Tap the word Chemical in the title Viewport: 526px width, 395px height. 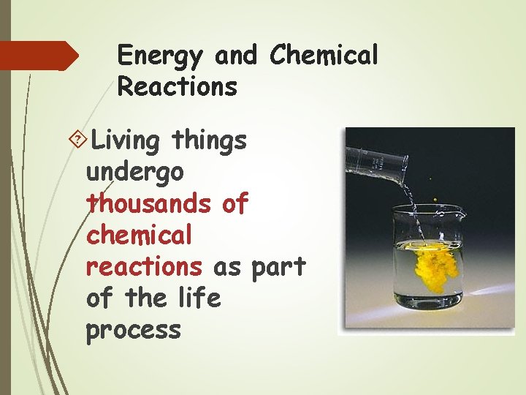(x=324, y=55)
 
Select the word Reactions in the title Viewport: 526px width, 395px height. (x=177, y=87)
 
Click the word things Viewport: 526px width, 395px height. (x=210, y=140)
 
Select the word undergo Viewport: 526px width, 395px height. (x=134, y=173)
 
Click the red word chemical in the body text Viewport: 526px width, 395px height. (x=139, y=235)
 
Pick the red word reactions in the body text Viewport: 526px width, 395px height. (x=143, y=266)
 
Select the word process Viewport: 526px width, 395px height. (x=133, y=330)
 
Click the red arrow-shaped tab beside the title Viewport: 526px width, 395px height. (x=37, y=56)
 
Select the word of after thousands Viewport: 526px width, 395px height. (x=235, y=203)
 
